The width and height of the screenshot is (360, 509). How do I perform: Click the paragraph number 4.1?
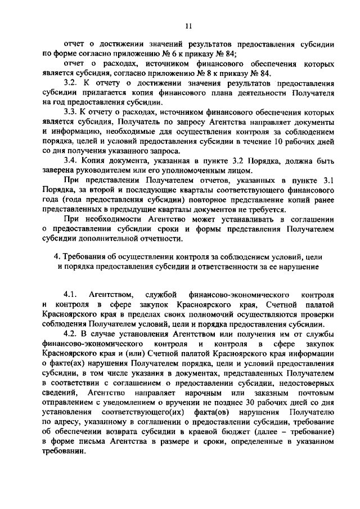70,294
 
